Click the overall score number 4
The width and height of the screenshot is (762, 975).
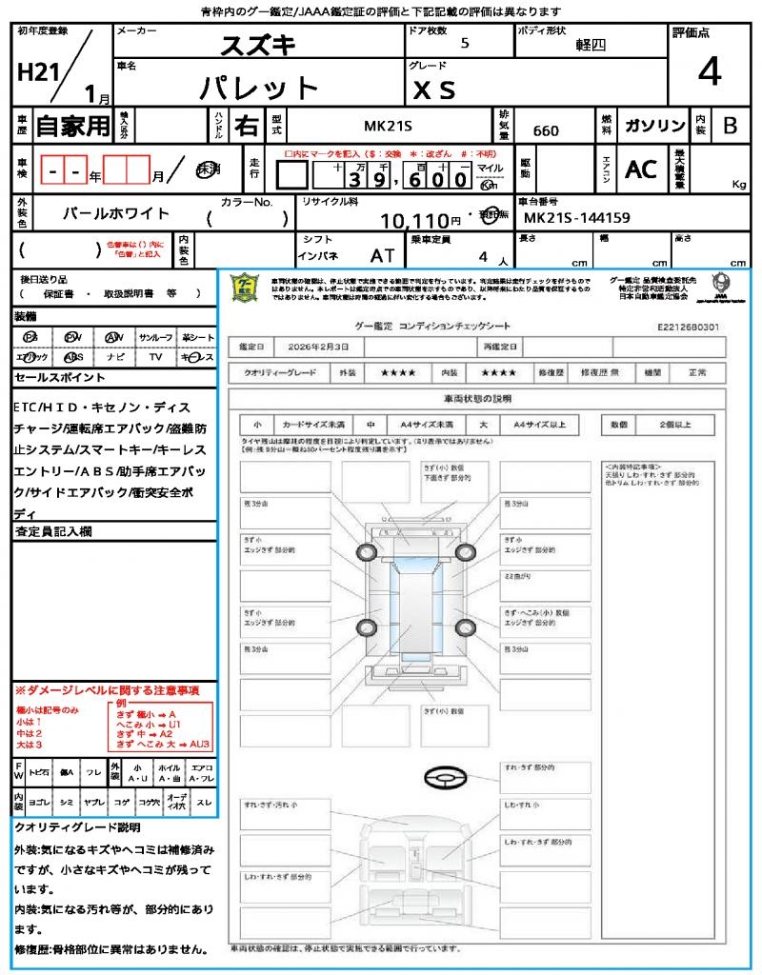(709, 72)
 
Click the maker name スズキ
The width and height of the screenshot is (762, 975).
(258, 45)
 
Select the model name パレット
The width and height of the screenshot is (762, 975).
(258, 88)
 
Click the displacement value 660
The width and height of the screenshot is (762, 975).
(546, 130)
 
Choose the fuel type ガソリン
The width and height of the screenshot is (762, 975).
(654, 126)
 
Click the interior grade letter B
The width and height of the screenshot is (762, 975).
(729, 126)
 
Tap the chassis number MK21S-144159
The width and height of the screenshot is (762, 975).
(577, 218)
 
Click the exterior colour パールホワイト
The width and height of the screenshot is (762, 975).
(115, 213)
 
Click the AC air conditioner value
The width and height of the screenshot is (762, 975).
(641, 169)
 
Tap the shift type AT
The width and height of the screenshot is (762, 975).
(383, 255)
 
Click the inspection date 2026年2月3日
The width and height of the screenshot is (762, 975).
(316, 346)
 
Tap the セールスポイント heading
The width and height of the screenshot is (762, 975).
(59, 378)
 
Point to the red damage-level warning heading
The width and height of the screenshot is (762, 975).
(106, 689)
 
